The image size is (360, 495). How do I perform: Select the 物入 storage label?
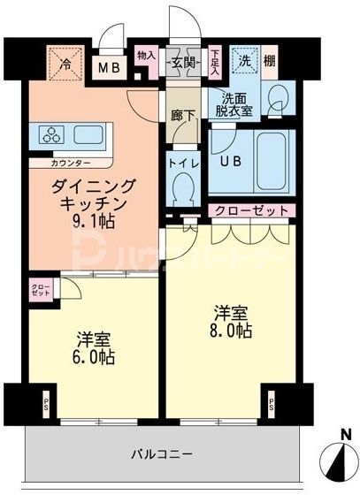[147, 57]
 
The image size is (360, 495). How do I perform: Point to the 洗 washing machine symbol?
[242, 62]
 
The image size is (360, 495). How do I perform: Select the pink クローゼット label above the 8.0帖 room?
[251, 211]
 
